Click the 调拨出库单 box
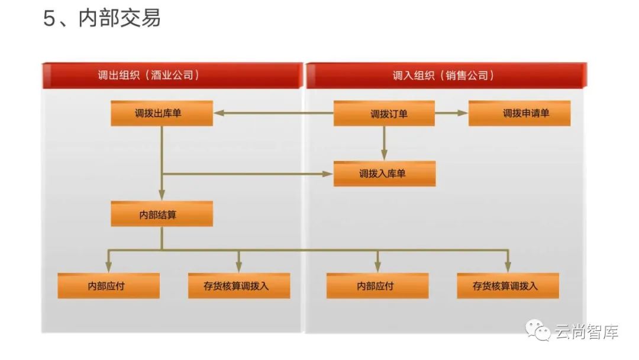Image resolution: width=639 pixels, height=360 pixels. coord(162,113)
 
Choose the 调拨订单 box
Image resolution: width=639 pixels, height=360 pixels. coord(384,113)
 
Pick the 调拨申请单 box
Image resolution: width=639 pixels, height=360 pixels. coord(519,113)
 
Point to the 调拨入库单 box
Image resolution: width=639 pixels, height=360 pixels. coord(384,173)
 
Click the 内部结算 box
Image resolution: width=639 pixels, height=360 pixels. coord(162,214)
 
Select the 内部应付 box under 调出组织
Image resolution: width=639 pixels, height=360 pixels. coord(108,285)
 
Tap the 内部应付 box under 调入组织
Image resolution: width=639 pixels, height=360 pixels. coord(377,285)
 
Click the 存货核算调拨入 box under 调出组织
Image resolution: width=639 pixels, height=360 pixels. coord(239,285)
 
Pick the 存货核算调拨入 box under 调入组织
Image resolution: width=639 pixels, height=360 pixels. coord(508,285)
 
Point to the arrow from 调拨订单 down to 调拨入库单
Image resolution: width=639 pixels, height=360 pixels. coord(384,142)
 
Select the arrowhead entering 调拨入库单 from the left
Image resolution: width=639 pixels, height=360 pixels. coord(328,173)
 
